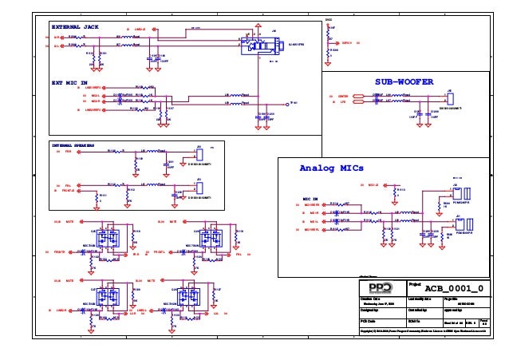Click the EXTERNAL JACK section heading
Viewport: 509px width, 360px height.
(75, 27)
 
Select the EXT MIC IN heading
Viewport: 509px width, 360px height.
(69, 82)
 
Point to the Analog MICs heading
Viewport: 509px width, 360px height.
(331, 168)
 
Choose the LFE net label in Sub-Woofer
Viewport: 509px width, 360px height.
(342, 102)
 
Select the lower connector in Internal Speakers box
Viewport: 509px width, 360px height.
(199, 187)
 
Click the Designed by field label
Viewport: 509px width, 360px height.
(369, 309)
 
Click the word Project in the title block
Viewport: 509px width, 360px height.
(415, 283)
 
